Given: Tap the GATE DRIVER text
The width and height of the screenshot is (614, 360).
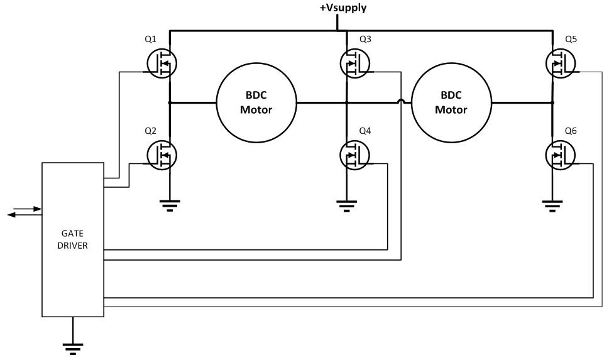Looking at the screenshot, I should (x=73, y=239).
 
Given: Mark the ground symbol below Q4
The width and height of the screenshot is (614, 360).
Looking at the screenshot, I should (x=346, y=204).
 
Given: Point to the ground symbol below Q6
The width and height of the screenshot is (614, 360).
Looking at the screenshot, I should (x=552, y=204).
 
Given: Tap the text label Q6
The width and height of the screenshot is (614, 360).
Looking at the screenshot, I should (x=571, y=131).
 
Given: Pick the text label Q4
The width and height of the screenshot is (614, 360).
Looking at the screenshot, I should (x=365, y=131).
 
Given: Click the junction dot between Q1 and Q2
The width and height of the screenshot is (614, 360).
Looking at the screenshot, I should (x=170, y=102).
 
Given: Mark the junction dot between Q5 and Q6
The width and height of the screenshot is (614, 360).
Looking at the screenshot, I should (x=552, y=102).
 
